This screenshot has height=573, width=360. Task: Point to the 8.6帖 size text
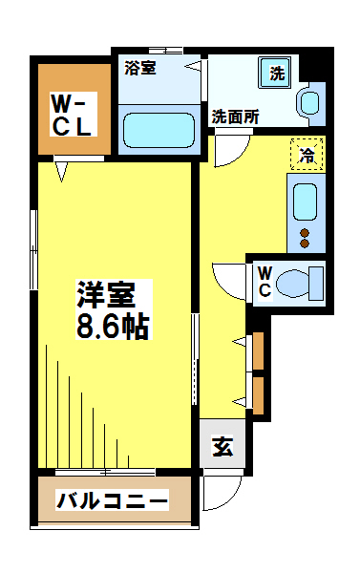tap(113, 328)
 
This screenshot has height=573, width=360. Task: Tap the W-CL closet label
tap(72, 114)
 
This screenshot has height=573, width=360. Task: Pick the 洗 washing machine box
tap(277, 74)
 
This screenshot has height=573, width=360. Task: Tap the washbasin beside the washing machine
tap(310, 102)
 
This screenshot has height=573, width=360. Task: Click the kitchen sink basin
tap(305, 201)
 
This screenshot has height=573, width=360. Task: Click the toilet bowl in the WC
tap(305, 282)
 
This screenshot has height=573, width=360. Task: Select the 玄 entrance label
tap(222, 445)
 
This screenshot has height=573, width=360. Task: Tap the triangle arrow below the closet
tap(62, 173)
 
